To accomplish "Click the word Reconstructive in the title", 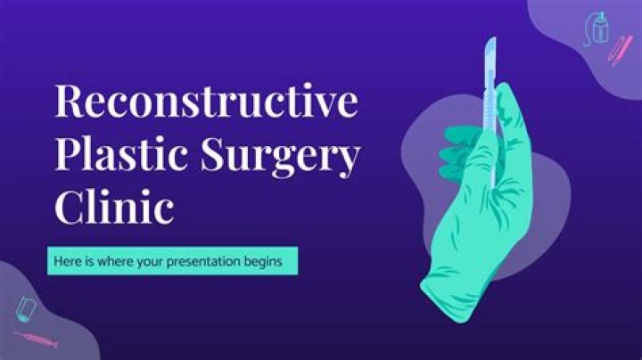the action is point(206,101).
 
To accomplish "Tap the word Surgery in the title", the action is point(281,158).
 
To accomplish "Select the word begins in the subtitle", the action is point(263,262).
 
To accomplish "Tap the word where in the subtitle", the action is point(115,261).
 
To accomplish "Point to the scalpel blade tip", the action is point(494,37).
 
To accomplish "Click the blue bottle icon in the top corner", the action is point(597,29).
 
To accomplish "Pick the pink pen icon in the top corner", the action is point(620,50).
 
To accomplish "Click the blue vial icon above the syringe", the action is point(26,309).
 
